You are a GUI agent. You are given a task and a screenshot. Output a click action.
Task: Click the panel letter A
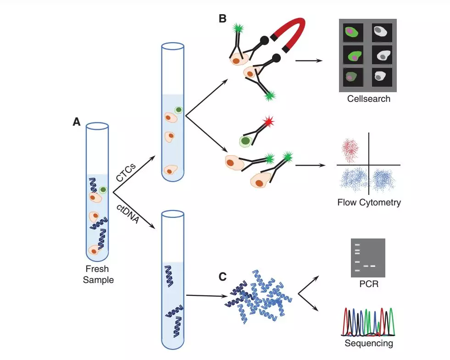(x=77, y=122)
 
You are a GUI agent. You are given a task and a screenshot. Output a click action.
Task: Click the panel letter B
(x=222, y=19)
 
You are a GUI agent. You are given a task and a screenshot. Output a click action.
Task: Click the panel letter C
(x=222, y=277)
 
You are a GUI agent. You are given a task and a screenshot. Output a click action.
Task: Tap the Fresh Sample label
(x=98, y=274)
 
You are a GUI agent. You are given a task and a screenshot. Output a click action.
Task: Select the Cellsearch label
(x=369, y=99)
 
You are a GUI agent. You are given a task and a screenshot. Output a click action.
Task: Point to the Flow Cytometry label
(x=369, y=203)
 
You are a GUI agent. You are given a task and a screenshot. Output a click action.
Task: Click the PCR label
(x=369, y=284)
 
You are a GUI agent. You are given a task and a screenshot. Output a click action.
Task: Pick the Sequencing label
(x=369, y=343)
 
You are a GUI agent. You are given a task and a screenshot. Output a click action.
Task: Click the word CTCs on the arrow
(x=126, y=172)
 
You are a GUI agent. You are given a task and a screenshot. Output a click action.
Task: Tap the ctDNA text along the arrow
(x=128, y=214)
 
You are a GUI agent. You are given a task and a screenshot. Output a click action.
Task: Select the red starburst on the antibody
(x=269, y=122)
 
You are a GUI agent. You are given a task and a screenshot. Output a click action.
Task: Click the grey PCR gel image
(x=368, y=258)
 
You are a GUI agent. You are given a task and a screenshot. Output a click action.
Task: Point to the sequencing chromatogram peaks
(x=368, y=321)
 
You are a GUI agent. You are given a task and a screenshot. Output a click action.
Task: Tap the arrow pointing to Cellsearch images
(x=309, y=61)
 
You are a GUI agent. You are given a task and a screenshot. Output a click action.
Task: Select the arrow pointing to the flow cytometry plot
(x=310, y=165)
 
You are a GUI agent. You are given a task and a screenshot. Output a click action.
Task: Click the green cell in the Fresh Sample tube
(x=103, y=190)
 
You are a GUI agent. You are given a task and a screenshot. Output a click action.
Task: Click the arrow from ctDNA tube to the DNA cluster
(x=206, y=296)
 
